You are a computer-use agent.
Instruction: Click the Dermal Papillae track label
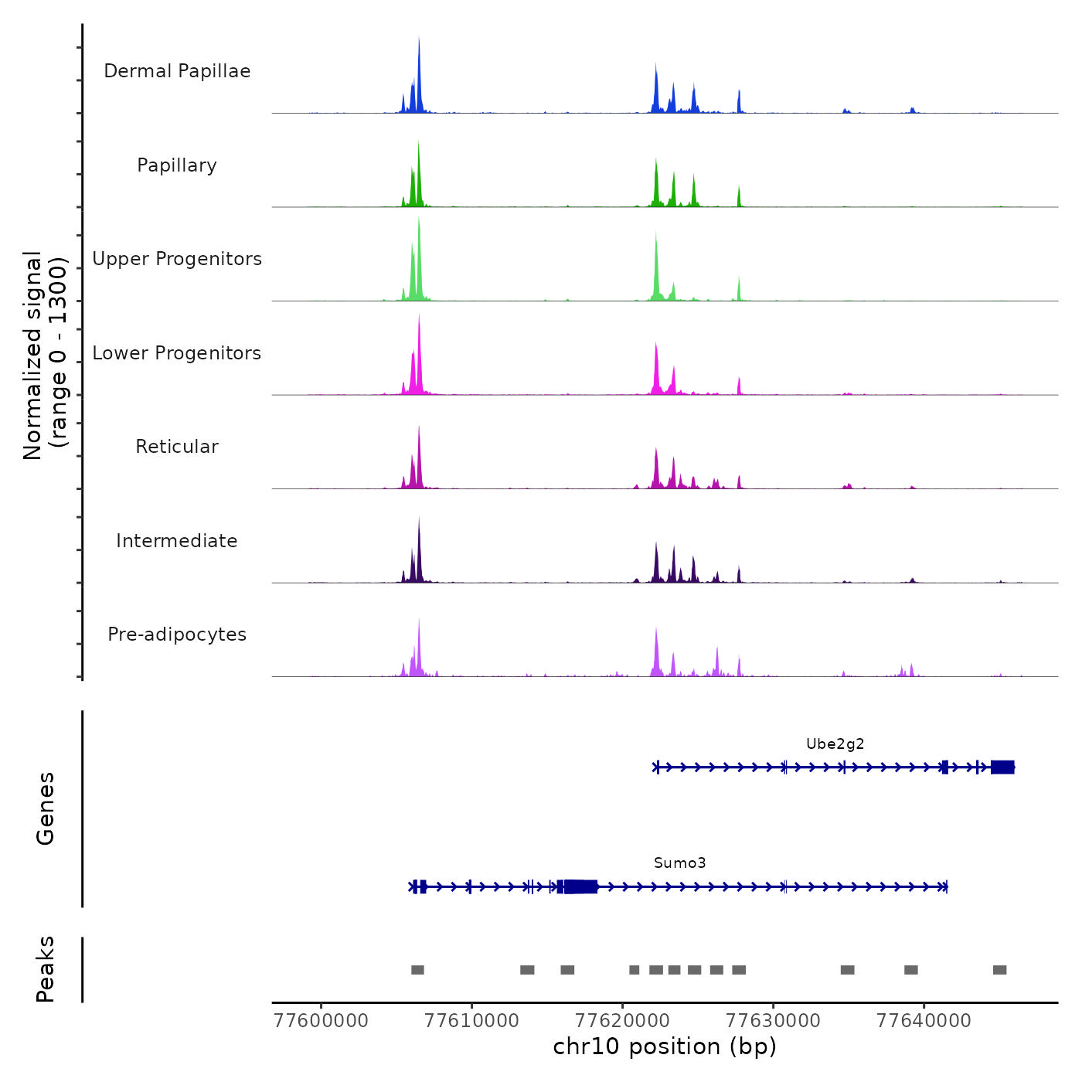tap(177, 71)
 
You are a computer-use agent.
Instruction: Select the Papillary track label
tap(177, 165)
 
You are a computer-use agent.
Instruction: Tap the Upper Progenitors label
tap(177, 259)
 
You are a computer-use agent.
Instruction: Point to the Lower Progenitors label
tap(177, 353)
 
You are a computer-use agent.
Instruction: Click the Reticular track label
tap(177, 447)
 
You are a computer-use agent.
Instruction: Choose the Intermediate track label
tap(177, 541)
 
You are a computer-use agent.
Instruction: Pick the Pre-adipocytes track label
tap(177, 635)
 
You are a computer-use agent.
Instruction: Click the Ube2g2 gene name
tap(835, 744)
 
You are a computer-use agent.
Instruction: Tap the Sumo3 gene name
tap(679, 863)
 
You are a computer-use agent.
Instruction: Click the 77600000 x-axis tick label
tap(321, 1021)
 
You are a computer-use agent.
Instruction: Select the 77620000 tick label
tap(623, 1021)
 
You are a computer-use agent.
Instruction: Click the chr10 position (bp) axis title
tap(665, 1047)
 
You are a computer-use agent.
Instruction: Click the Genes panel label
tap(46, 808)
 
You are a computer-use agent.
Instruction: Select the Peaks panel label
tap(46, 969)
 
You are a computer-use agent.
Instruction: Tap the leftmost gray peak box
tap(417, 970)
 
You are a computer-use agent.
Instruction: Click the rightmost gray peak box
tap(999, 970)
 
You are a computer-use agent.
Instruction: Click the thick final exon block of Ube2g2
tap(1002, 767)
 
